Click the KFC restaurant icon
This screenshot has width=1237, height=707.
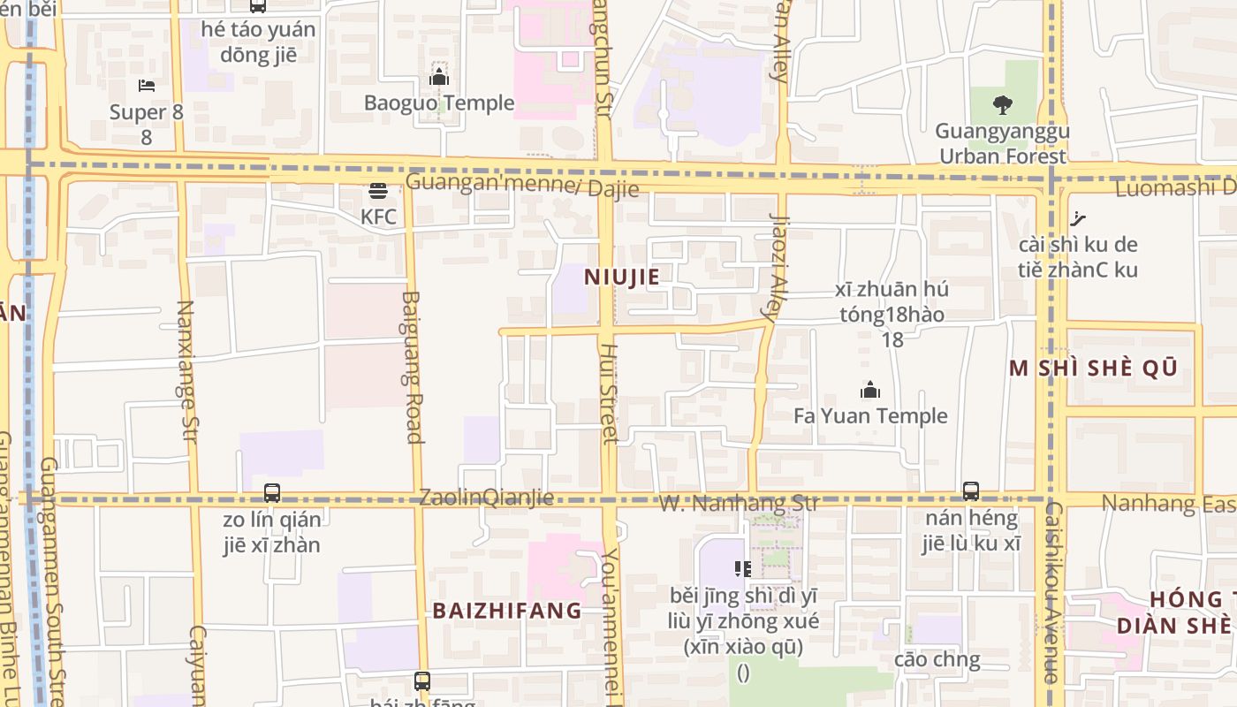tap(378, 190)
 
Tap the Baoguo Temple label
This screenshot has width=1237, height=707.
tap(439, 103)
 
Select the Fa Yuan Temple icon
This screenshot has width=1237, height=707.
tap(870, 390)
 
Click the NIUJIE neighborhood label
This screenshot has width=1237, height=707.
tap(622, 277)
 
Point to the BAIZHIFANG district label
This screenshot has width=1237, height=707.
tap(507, 611)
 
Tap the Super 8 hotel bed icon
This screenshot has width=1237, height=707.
tap(147, 86)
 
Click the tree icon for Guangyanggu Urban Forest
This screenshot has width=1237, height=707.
tap(1002, 105)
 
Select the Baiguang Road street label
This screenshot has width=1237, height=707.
tap(413, 367)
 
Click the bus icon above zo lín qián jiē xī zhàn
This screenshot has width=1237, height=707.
tap(272, 493)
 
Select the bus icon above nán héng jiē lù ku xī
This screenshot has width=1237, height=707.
tap(971, 491)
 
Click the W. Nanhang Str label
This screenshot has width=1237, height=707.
tap(740, 504)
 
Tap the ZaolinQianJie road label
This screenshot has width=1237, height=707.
tap(487, 498)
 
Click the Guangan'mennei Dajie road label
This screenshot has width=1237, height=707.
tap(521, 186)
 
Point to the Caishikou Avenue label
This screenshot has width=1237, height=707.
tap(1051, 592)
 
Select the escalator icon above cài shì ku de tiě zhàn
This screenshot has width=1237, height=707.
tap(1077, 218)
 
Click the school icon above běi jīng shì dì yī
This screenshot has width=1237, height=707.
tap(743, 568)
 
